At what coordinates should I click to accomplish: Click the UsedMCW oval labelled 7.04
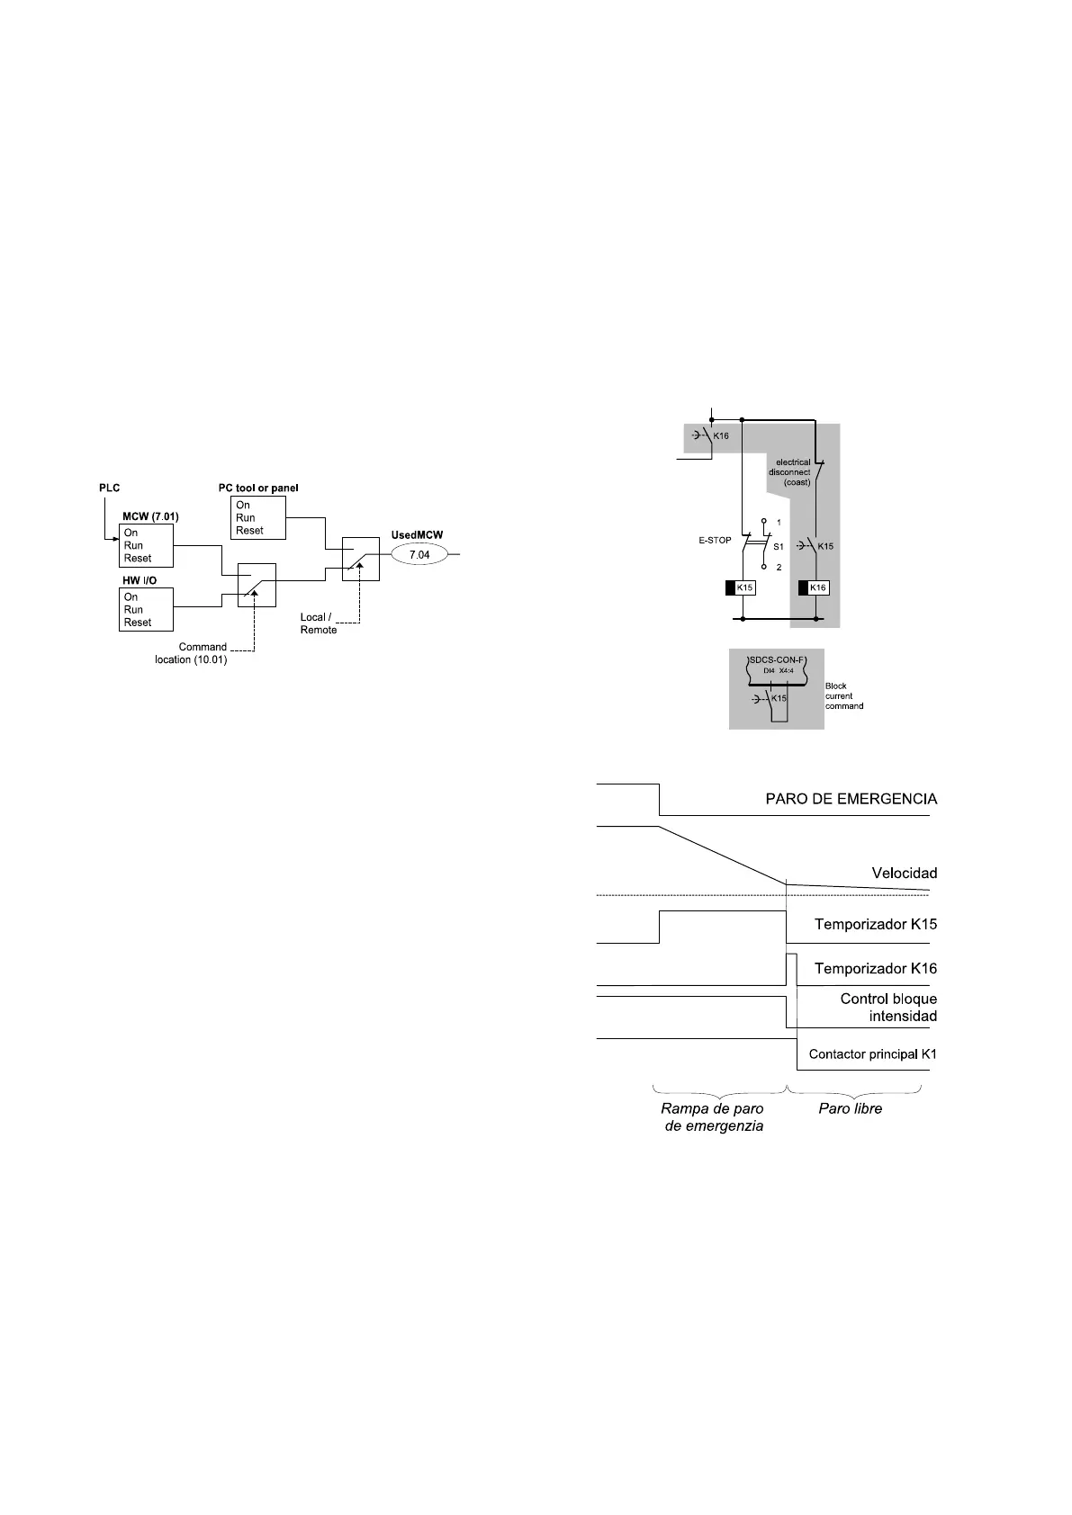tap(419, 555)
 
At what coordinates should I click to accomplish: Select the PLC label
tap(109, 488)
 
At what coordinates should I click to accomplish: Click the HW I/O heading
tap(139, 581)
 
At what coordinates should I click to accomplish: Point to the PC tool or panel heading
tap(258, 488)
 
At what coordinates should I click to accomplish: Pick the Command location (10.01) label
tap(192, 653)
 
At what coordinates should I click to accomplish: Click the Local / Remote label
tap(319, 623)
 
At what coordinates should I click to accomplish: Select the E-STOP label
tap(714, 540)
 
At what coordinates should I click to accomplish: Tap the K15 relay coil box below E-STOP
tap(744, 587)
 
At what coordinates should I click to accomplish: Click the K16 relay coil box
tap(817, 587)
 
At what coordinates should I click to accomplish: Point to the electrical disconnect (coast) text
tap(790, 472)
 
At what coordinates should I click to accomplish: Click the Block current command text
tap(843, 696)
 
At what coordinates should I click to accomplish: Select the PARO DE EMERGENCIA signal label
tap(851, 799)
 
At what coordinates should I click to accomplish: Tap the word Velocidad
tap(904, 873)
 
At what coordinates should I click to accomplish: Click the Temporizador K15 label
tap(875, 924)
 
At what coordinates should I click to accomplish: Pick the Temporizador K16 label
tap(875, 969)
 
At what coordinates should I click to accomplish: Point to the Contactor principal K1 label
tap(872, 1053)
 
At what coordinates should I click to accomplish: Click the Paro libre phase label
tap(850, 1108)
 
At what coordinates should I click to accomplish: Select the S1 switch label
tap(779, 546)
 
